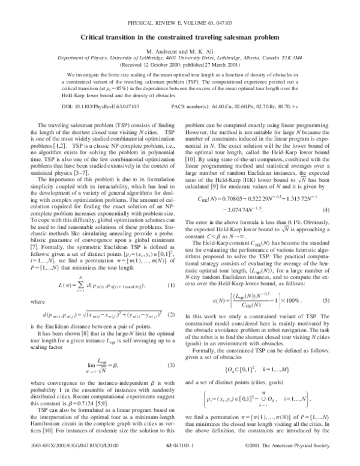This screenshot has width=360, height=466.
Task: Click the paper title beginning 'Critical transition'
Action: (179, 37)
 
